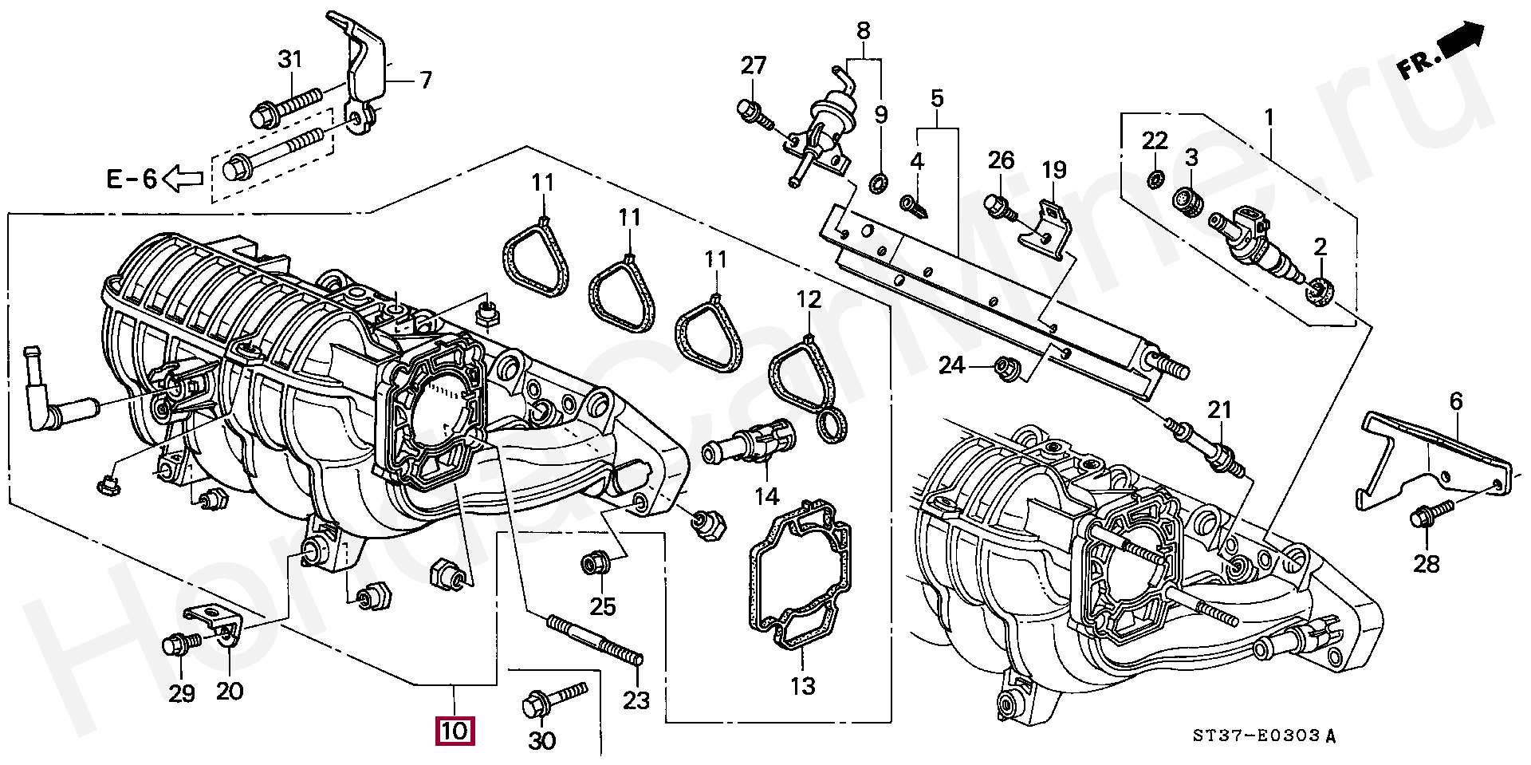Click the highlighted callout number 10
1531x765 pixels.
[x=454, y=731]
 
